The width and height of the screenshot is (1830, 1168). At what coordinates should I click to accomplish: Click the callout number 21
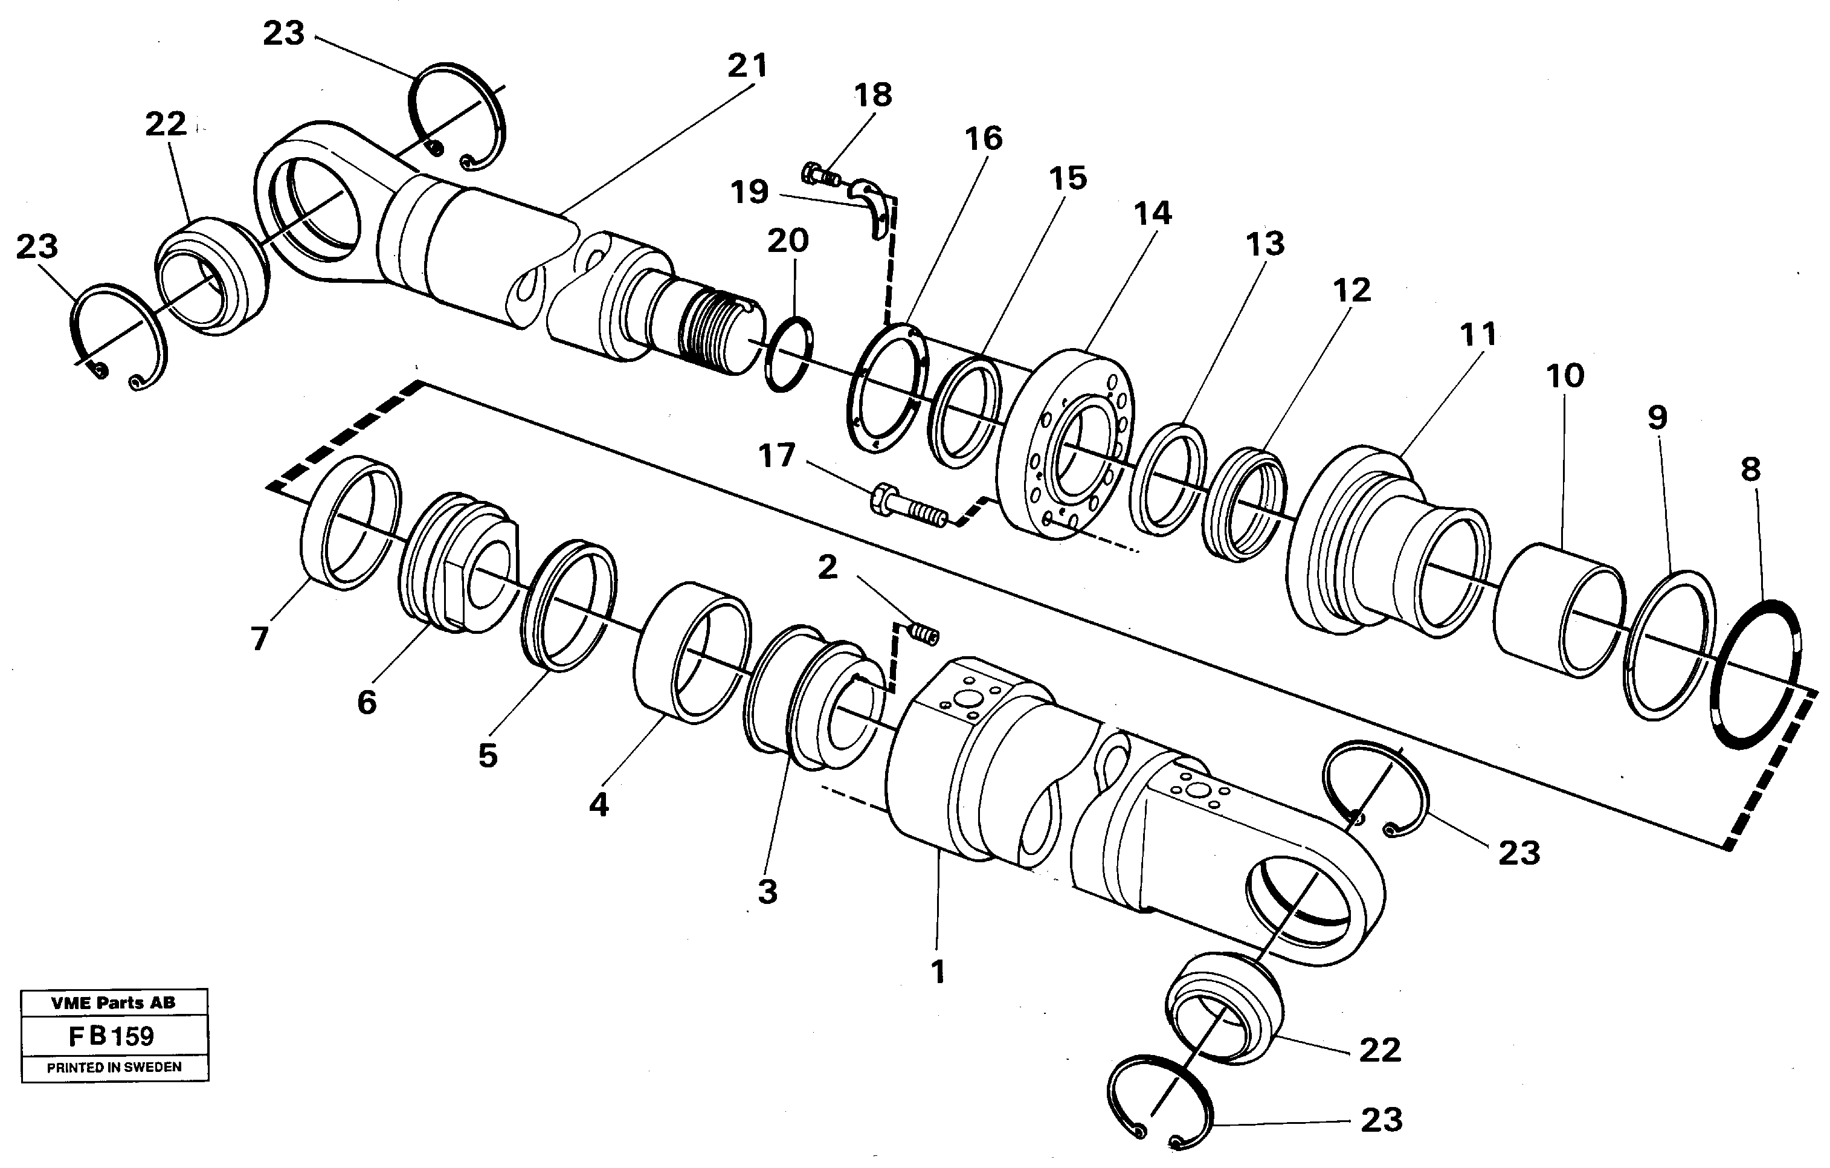[748, 66]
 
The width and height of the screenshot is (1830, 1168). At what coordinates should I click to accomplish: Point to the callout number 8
[1750, 469]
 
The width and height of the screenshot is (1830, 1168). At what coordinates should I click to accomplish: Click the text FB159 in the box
[112, 1036]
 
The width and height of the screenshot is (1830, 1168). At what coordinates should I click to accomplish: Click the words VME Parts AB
[113, 1002]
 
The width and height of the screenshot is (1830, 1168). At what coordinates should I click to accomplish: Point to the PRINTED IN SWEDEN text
[114, 1067]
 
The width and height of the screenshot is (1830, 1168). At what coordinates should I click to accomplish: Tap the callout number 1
[938, 971]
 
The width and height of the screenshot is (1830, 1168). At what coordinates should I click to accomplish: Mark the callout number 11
[1478, 334]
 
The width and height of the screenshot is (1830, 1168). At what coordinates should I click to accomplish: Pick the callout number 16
[984, 138]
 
